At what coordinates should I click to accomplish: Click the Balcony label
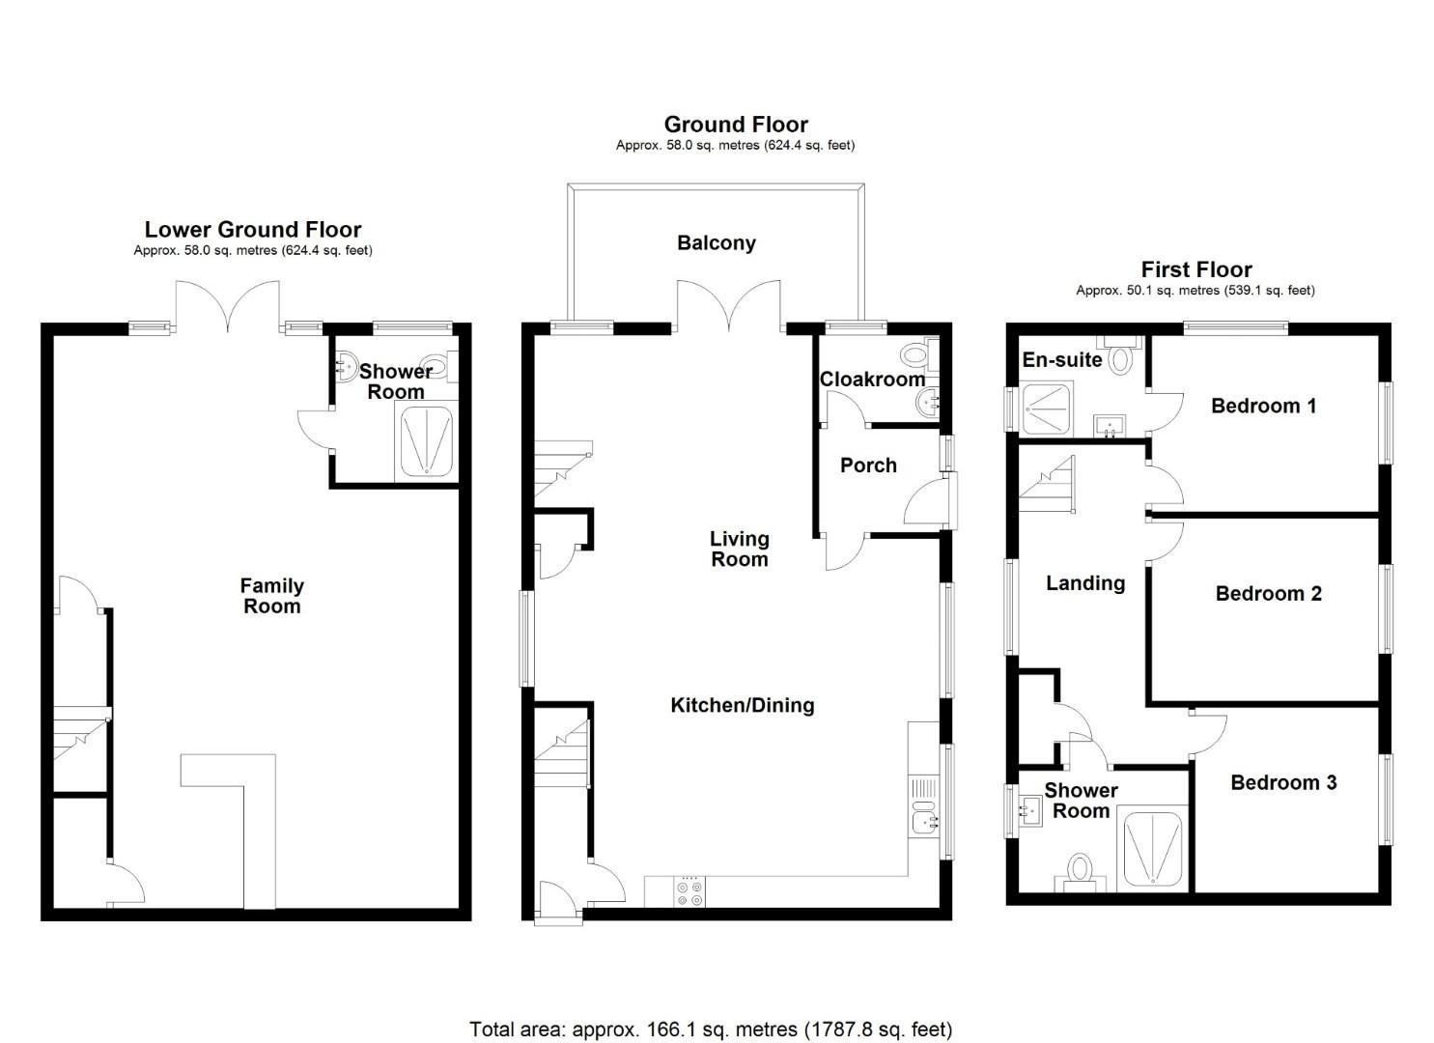coord(716,243)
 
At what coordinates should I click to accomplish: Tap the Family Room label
coord(271,596)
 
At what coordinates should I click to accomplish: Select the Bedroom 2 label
coord(1268,594)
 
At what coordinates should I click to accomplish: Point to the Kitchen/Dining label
coord(742,706)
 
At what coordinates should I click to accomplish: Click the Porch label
coord(868,465)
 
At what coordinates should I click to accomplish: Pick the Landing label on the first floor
coord(1085,583)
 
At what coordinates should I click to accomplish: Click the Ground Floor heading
coord(736,125)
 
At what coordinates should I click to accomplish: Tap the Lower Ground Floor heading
coord(253,230)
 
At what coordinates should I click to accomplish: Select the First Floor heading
coord(1196,269)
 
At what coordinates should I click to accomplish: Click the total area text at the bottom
coord(711,1029)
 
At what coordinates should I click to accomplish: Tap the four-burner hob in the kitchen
coord(690,891)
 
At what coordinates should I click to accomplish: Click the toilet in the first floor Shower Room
coord(1079,867)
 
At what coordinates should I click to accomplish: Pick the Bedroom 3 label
coord(1283,783)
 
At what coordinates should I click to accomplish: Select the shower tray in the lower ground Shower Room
coord(426,441)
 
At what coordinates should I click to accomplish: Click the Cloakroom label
coord(872,380)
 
